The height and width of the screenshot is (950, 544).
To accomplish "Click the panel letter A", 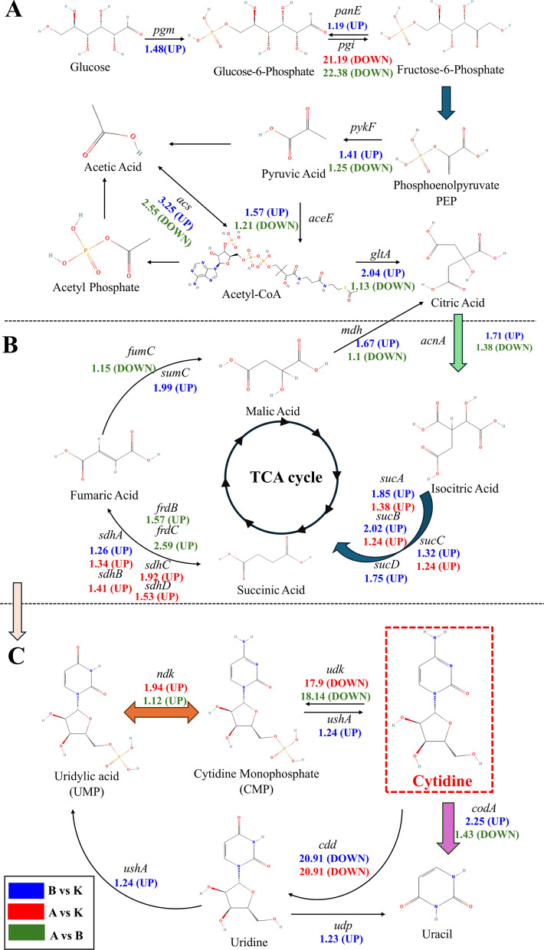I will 15,15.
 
